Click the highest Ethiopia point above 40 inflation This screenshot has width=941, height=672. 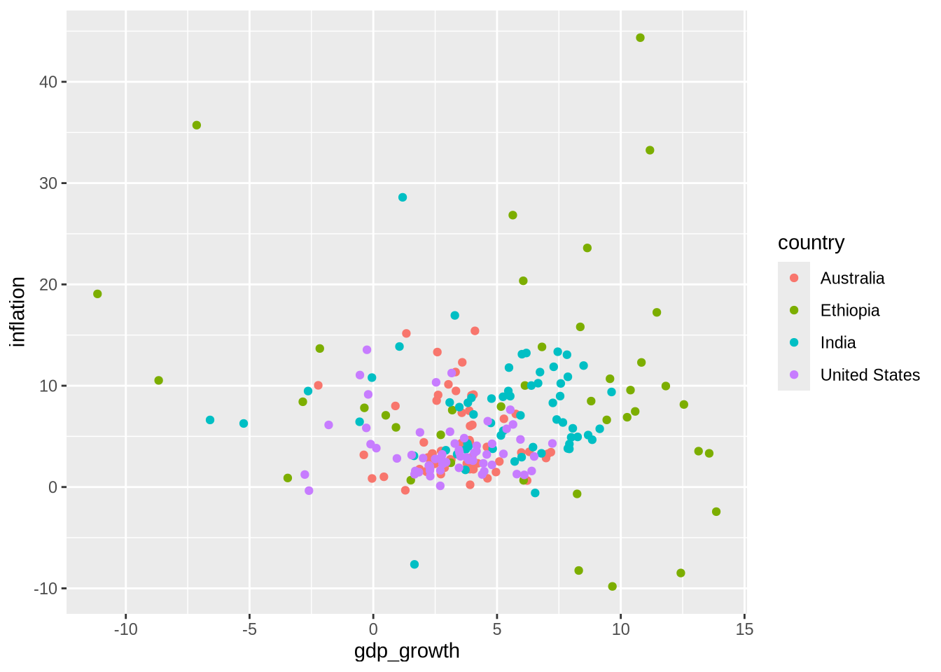[x=640, y=38]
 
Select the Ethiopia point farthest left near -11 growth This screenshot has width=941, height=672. [x=97, y=294]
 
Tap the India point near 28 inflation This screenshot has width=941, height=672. [x=403, y=197]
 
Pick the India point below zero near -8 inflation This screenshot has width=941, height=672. [x=414, y=564]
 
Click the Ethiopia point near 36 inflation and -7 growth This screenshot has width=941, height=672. [x=197, y=125]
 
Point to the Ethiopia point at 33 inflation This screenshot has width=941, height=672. [x=650, y=150]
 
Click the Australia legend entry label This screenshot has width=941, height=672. [x=852, y=279]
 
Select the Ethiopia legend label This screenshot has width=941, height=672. [x=849, y=311]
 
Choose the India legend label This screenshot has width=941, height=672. [x=838, y=343]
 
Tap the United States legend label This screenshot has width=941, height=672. [x=870, y=375]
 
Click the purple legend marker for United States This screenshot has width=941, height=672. [x=794, y=374]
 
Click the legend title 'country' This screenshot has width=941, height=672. [x=811, y=243]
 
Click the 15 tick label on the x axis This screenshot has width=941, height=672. [x=745, y=629]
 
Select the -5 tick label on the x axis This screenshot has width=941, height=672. [x=249, y=629]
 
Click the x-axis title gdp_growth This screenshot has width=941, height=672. [x=407, y=651]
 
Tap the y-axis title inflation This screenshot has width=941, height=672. [x=18, y=311]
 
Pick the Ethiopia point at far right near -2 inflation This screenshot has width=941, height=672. [x=716, y=512]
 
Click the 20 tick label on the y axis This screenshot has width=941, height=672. [x=48, y=285]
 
